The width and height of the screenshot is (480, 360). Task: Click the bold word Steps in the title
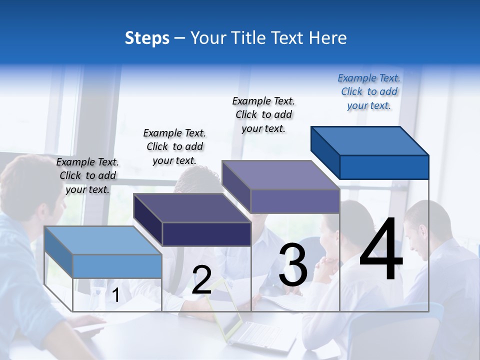(147, 38)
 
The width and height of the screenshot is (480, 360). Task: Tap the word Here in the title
(328, 38)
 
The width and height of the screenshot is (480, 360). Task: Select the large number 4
(381, 250)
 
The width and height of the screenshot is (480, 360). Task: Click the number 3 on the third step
(293, 265)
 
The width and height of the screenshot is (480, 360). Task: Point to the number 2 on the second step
(201, 280)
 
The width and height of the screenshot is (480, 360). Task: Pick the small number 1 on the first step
(115, 295)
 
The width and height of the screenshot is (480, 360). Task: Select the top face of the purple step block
(280, 175)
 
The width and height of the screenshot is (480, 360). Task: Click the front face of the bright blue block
(384, 167)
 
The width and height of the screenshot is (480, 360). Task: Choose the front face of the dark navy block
(206, 234)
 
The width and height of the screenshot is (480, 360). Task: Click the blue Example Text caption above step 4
(369, 91)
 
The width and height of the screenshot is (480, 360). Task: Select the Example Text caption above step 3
(263, 114)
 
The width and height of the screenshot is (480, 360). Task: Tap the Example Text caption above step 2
(174, 146)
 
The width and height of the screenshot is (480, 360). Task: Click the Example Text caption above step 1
(87, 175)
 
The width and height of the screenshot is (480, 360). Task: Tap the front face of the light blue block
(117, 266)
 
